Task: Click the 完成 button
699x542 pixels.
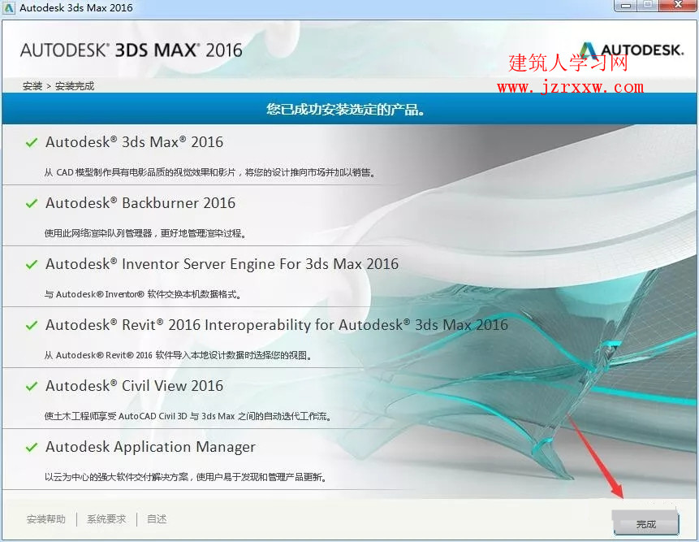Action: click(x=646, y=523)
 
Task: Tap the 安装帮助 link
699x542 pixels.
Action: click(x=46, y=518)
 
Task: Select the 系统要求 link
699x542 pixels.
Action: click(x=106, y=518)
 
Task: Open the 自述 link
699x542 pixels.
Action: click(x=157, y=518)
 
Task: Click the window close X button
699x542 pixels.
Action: click(x=678, y=5)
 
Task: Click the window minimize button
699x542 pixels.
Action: click(x=625, y=5)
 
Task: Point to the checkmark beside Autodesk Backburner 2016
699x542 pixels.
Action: click(x=31, y=203)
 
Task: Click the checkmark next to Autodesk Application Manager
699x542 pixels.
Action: click(x=31, y=447)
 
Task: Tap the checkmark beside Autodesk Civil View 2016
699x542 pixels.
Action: click(x=31, y=386)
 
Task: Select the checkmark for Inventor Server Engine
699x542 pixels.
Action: click(x=31, y=265)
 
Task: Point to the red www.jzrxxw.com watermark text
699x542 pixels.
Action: click(x=570, y=86)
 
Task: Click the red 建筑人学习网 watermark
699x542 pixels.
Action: click(x=568, y=63)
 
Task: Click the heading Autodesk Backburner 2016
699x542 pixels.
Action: click(x=140, y=203)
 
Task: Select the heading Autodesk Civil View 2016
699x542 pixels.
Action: click(x=134, y=385)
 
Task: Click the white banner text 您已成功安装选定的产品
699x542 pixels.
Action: click(x=345, y=109)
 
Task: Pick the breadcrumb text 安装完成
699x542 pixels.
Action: click(x=75, y=86)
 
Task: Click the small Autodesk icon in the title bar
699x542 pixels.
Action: click(x=8, y=8)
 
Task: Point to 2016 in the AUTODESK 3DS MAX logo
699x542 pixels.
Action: click(x=224, y=50)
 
